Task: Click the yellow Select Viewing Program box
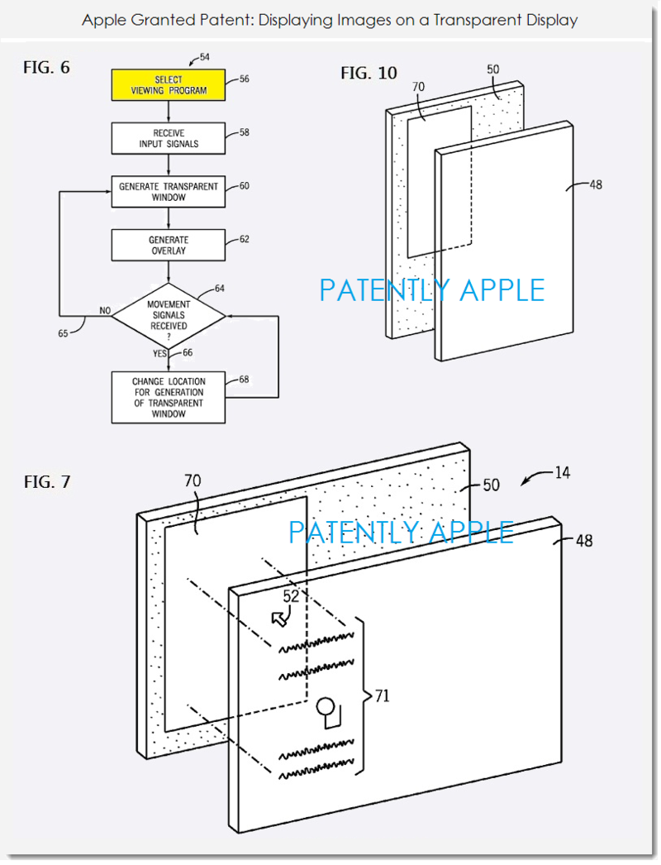(x=169, y=85)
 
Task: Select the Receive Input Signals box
(x=169, y=138)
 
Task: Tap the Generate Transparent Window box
(x=169, y=191)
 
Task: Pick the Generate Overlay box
(x=169, y=245)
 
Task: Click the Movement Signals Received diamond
(x=169, y=316)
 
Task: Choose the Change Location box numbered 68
(x=169, y=397)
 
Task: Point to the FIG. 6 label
(x=46, y=67)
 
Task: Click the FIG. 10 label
(x=369, y=73)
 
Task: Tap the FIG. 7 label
(x=47, y=481)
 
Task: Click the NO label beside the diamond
(x=105, y=311)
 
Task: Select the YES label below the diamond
(x=159, y=353)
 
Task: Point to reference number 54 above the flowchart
(x=205, y=57)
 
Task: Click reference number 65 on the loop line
(x=64, y=333)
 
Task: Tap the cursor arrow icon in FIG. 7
(x=280, y=619)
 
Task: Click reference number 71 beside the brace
(x=383, y=696)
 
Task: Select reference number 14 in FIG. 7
(x=563, y=473)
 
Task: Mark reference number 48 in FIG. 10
(x=596, y=184)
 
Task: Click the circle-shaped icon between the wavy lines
(x=325, y=707)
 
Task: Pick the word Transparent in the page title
(x=476, y=20)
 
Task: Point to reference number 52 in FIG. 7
(x=291, y=596)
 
